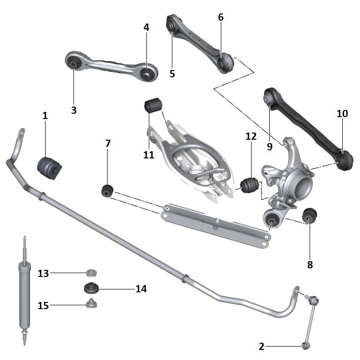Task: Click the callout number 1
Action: [45, 116]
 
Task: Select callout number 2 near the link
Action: [262, 347]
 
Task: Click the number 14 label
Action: [141, 289]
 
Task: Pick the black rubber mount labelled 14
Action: [91, 288]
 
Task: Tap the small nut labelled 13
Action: [91, 273]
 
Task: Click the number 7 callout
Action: [108, 143]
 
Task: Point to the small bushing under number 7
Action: [107, 191]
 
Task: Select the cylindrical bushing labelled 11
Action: [153, 105]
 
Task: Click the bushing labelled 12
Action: [249, 185]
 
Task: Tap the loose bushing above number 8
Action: [310, 216]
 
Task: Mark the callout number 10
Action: [342, 113]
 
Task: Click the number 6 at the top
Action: [221, 17]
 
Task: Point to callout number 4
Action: [146, 27]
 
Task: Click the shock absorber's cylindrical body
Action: [24, 297]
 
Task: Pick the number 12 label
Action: [251, 136]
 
